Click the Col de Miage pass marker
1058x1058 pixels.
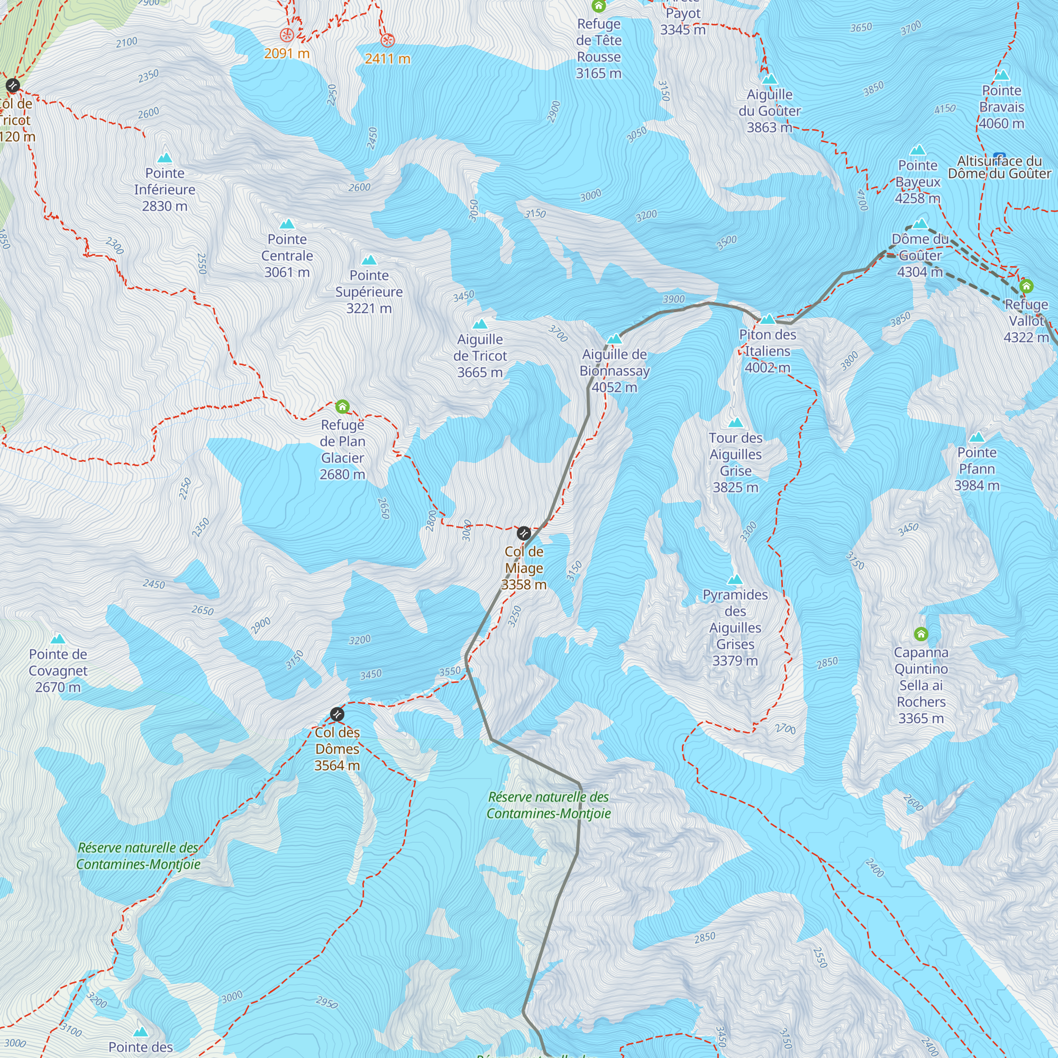(x=524, y=533)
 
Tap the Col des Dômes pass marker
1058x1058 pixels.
(x=338, y=714)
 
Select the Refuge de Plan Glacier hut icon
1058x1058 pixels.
(x=342, y=406)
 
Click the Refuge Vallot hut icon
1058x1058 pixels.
(x=1026, y=286)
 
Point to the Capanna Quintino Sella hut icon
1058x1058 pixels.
(x=921, y=634)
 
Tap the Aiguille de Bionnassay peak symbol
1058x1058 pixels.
(x=614, y=339)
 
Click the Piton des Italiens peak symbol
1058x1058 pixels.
(x=768, y=320)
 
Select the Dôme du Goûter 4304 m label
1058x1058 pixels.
(x=920, y=255)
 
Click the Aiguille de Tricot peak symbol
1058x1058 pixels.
(x=480, y=324)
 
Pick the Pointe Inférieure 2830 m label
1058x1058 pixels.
(x=165, y=189)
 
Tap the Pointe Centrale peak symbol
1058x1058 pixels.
(x=287, y=224)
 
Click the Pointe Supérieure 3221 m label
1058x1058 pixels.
(x=369, y=292)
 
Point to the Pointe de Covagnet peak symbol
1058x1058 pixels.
(x=58, y=639)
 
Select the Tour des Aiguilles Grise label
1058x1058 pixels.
(x=735, y=463)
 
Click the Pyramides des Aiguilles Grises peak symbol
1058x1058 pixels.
(x=735, y=580)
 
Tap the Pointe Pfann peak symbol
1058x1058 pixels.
(x=977, y=437)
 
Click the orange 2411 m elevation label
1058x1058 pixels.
(x=387, y=59)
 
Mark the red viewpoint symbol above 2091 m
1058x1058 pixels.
(x=286, y=35)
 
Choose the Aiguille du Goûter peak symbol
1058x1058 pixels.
(x=770, y=79)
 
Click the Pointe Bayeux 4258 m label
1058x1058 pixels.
(x=918, y=182)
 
